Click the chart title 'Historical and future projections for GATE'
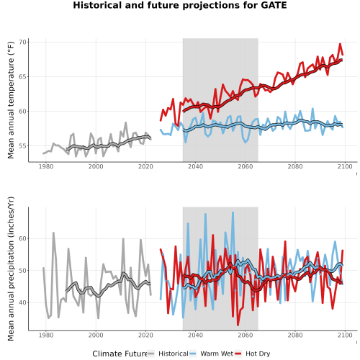(180, 5)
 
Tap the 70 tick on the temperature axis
(22, 42)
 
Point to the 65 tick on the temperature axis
(22, 77)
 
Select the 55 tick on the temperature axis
(22, 146)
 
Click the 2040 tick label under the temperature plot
(195, 166)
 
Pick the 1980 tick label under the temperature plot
(46, 166)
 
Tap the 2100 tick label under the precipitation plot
(345, 335)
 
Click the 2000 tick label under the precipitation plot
(96, 335)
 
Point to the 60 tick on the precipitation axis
(22, 238)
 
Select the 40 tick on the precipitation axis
(22, 302)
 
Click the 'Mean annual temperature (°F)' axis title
(11, 100)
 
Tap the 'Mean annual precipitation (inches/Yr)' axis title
(11, 269)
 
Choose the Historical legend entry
(168, 354)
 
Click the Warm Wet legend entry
(211, 354)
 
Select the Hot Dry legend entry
(252, 354)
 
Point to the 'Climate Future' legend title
(120, 354)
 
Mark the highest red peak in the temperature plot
(340, 44)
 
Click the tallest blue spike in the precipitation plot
(233, 212)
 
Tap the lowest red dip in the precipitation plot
(238, 325)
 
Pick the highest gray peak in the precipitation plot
(53, 233)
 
